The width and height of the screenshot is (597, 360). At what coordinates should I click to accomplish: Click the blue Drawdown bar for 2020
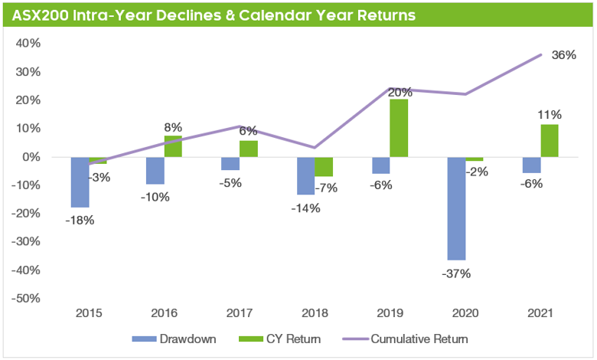[x=456, y=208]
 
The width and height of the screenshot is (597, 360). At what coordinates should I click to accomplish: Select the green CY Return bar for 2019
[x=399, y=128]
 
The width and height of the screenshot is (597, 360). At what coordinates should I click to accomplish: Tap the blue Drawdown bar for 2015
[x=80, y=182]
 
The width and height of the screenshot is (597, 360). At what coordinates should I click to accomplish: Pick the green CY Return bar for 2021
[x=549, y=141]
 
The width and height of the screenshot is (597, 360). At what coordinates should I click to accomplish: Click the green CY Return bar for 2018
[x=324, y=166]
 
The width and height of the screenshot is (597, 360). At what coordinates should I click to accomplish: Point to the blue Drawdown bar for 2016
[x=155, y=170]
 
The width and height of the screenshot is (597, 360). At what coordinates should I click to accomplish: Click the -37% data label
[x=455, y=273]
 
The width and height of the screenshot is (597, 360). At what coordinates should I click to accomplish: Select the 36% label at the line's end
[x=563, y=55]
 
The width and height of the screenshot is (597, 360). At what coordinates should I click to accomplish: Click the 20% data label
[x=399, y=92]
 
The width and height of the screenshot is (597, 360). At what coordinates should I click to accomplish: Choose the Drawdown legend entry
[x=178, y=338]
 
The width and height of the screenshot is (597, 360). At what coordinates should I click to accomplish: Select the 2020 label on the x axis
[x=465, y=313]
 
